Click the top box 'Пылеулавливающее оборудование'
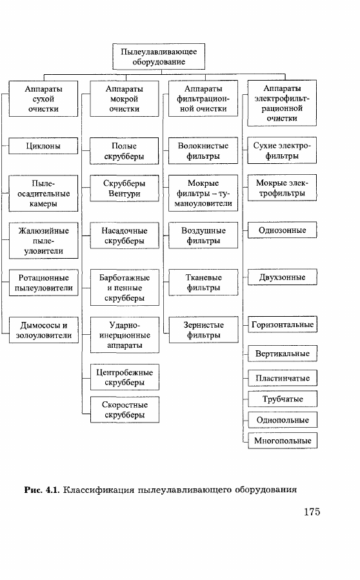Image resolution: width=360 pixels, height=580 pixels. point(159,57)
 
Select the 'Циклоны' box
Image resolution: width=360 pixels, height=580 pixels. point(43,146)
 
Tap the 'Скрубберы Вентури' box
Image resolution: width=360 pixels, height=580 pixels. point(125,188)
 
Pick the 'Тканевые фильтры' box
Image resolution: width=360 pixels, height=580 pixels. point(203,282)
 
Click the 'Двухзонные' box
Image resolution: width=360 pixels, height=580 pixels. point(283,277)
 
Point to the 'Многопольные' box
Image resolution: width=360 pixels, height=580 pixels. point(283,441)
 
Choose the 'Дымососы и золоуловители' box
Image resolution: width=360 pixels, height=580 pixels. point(44,330)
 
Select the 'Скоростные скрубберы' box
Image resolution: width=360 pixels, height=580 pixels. point(125,410)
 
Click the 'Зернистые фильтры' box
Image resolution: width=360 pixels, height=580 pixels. point(203,330)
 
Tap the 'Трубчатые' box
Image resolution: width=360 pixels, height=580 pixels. point(283,399)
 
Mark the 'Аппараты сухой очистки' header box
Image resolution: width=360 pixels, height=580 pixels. point(43,99)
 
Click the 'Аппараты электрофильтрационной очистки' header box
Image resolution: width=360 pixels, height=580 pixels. point(282,103)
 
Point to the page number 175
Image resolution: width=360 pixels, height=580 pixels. point(312,512)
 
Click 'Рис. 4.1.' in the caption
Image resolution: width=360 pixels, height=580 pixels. point(42,490)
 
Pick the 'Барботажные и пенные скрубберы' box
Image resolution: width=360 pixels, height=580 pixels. point(125,287)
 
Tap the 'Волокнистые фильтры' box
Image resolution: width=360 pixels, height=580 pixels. point(203,150)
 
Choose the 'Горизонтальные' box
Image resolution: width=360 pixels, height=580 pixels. point(283,325)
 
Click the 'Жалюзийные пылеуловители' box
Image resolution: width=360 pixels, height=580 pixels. point(44,241)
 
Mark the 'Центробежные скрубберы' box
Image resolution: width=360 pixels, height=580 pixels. point(125,377)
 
